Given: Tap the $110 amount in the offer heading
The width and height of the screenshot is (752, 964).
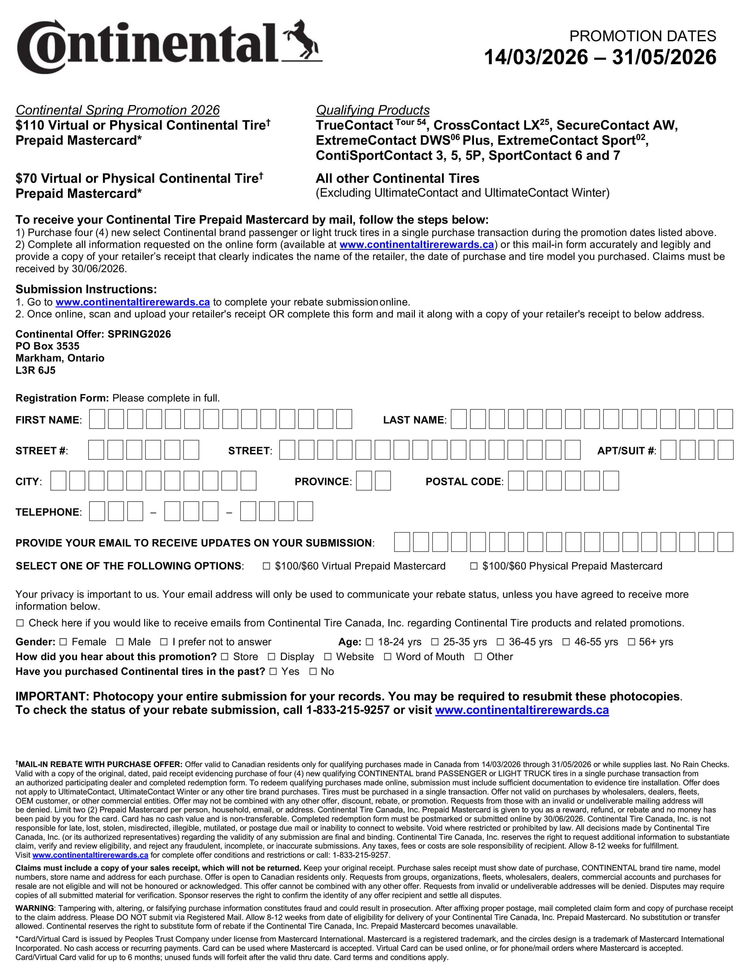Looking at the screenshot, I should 30,125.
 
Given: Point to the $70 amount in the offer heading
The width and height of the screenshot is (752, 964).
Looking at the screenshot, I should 26,179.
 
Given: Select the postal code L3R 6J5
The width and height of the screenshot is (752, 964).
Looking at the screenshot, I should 35,370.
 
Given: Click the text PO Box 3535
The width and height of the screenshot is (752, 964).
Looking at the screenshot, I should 47,346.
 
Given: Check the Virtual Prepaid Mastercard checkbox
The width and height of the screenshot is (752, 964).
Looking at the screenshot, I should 266,566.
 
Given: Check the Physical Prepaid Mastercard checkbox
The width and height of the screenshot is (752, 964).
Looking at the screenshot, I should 474,566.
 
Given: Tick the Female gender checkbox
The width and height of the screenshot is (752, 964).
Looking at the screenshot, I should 63,642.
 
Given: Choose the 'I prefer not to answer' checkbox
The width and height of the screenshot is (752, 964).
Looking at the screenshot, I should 164,642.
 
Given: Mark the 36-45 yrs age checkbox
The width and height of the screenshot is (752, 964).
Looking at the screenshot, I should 500,642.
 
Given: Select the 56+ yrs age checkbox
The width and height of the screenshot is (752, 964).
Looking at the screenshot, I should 631,642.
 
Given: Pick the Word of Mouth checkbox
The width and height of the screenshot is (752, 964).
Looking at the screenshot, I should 388,657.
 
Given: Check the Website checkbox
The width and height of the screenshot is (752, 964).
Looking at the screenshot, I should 328,657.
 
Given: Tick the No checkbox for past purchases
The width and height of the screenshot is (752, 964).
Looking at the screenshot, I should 313,671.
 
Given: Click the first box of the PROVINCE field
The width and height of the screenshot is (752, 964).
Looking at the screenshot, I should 364,481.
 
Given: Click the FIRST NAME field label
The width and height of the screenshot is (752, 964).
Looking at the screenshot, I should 48,420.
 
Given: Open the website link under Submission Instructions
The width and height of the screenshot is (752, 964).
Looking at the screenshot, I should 133,302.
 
